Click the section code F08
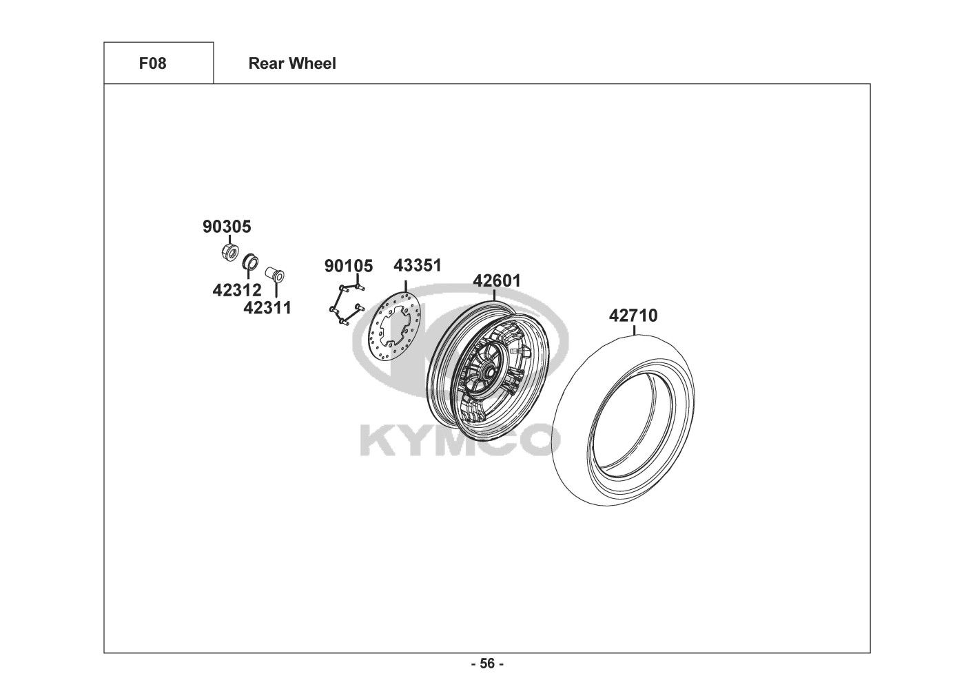pos(152,63)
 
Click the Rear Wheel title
pos(292,63)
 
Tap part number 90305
pos(227,227)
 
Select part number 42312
pos(237,290)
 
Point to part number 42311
pos(267,308)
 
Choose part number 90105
pos(349,266)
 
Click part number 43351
pos(418,265)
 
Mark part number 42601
pos(497,280)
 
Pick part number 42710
pos(633,316)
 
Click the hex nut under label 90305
pos(229,252)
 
